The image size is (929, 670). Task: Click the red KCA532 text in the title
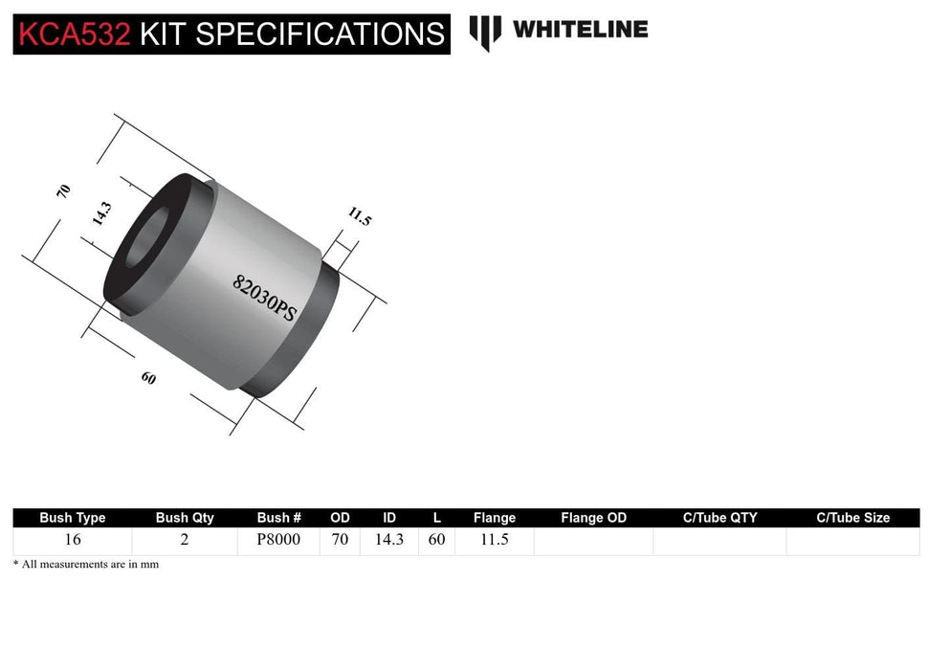tap(73, 34)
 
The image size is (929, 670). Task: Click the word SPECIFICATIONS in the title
tap(321, 34)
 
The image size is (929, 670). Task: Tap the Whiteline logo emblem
tap(485, 32)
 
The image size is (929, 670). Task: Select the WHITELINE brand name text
tap(580, 30)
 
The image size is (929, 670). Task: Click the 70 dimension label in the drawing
tap(64, 190)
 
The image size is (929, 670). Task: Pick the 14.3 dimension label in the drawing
tap(101, 212)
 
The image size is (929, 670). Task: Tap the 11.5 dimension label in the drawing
tap(360, 216)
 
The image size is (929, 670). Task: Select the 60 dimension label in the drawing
tap(148, 378)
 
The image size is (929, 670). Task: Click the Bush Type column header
tap(73, 518)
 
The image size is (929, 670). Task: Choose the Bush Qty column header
tap(185, 518)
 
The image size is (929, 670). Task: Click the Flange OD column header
tap(593, 518)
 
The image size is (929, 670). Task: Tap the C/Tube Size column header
tap(852, 518)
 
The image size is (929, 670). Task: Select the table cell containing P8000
tap(278, 540)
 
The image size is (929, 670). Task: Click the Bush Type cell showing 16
tap(73, 540)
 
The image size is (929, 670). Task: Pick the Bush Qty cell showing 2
tap(185, 540)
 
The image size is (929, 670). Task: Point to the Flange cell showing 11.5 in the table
tap(494, 540)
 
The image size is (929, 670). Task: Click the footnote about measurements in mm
tap(86, 565)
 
